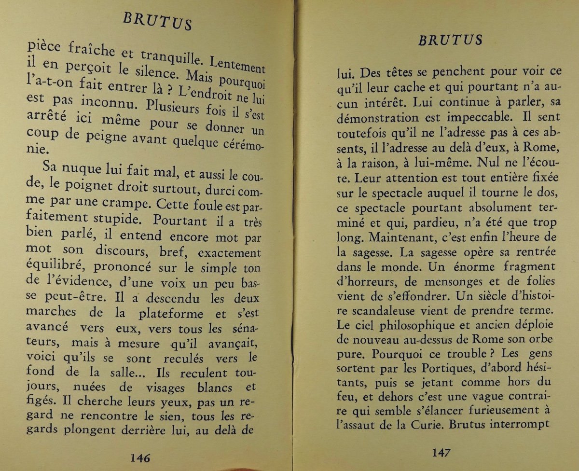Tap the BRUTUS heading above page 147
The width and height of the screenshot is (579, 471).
(450, 40)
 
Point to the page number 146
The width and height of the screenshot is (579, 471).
(140, 457)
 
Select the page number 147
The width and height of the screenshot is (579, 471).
(441, 453)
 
